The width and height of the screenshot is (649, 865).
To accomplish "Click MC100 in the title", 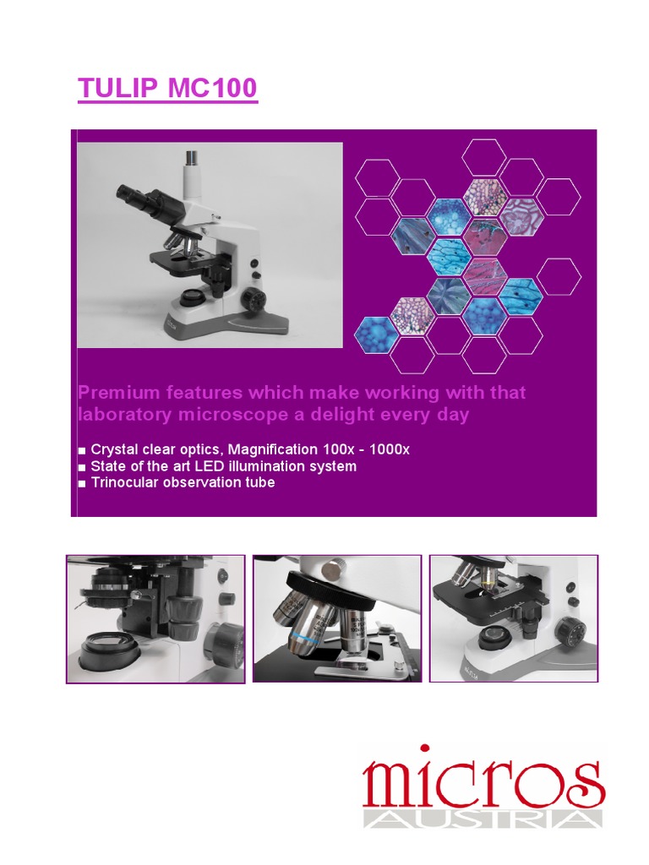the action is (212, 88).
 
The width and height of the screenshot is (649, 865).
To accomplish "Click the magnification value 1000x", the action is (389, 449).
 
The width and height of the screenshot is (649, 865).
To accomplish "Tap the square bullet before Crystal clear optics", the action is (82, 451).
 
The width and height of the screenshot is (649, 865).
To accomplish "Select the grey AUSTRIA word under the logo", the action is (483, 819).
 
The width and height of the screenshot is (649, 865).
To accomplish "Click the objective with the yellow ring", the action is (488, 579).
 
